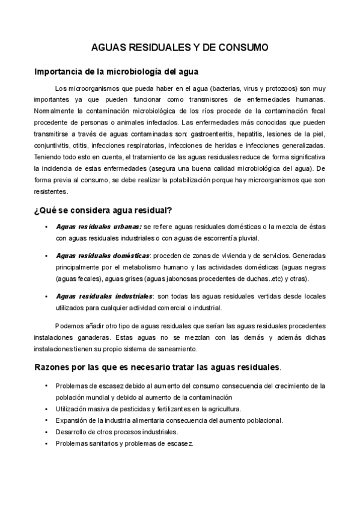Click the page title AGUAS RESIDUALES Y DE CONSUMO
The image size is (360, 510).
(x=180, y=46)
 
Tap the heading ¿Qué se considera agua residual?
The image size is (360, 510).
(x=104, y=210)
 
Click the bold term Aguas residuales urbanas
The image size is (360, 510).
(x=99, y=227)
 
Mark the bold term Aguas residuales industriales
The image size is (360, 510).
(x=104, y=296)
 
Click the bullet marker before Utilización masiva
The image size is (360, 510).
(x=46, y=409)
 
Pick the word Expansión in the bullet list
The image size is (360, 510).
(x=72, y=420)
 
